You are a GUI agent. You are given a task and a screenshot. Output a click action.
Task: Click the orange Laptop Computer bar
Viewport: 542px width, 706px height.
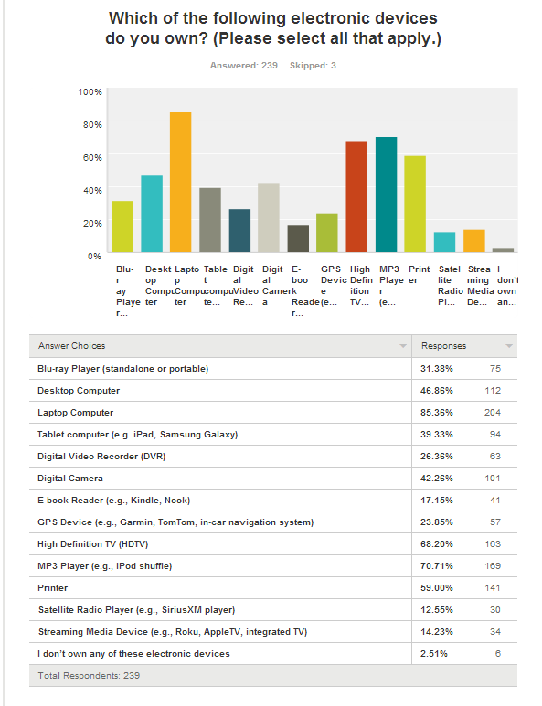tap(180, 182)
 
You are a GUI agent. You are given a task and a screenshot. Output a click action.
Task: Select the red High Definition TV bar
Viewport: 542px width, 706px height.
tap(356, 196)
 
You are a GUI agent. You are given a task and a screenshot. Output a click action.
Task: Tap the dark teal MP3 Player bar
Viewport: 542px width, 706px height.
tap(386, 195)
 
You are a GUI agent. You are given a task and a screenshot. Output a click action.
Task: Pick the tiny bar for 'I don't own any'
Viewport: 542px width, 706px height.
tap(503, 250)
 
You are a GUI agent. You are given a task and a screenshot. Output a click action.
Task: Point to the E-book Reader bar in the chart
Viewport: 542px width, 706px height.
tap(298, 238)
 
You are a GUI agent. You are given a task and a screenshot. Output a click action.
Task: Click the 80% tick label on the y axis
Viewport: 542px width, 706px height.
tap(92, 125)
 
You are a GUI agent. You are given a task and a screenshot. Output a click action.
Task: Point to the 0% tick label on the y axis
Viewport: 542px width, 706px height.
tap(95, 257)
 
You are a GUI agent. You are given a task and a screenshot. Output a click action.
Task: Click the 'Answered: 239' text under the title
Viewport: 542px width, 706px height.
tap(244, 65)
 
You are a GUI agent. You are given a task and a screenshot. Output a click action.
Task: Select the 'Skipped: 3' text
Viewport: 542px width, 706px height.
tap(313, 65)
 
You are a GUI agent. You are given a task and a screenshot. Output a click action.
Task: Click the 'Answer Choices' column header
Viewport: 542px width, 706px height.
tap(71, 346)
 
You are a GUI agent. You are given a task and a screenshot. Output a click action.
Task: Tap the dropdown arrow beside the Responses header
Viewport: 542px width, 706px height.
tap(509, 346)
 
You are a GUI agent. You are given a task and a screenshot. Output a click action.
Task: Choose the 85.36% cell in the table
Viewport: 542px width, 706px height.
tap(437, 413)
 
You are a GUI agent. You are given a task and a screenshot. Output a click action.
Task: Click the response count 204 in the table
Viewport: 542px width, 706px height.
tap(493, 413)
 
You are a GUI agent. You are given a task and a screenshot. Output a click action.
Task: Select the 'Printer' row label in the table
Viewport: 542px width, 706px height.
tap(53, 588)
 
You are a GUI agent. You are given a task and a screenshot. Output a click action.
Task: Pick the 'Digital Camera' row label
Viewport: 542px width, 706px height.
tap(70, 479)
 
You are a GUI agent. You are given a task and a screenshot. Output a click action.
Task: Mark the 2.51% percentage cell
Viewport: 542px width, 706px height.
tap(434, 654)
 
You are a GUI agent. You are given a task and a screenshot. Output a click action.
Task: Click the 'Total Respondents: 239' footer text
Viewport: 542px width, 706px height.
tap(89, 675)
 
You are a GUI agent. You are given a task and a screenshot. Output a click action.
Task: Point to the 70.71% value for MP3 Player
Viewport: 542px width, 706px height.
tap(437, 566)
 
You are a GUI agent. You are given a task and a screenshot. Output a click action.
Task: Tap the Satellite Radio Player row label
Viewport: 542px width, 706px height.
tap(136, 610)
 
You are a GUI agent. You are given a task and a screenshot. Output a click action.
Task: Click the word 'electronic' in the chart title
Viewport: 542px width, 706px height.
tap(335, 18)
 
